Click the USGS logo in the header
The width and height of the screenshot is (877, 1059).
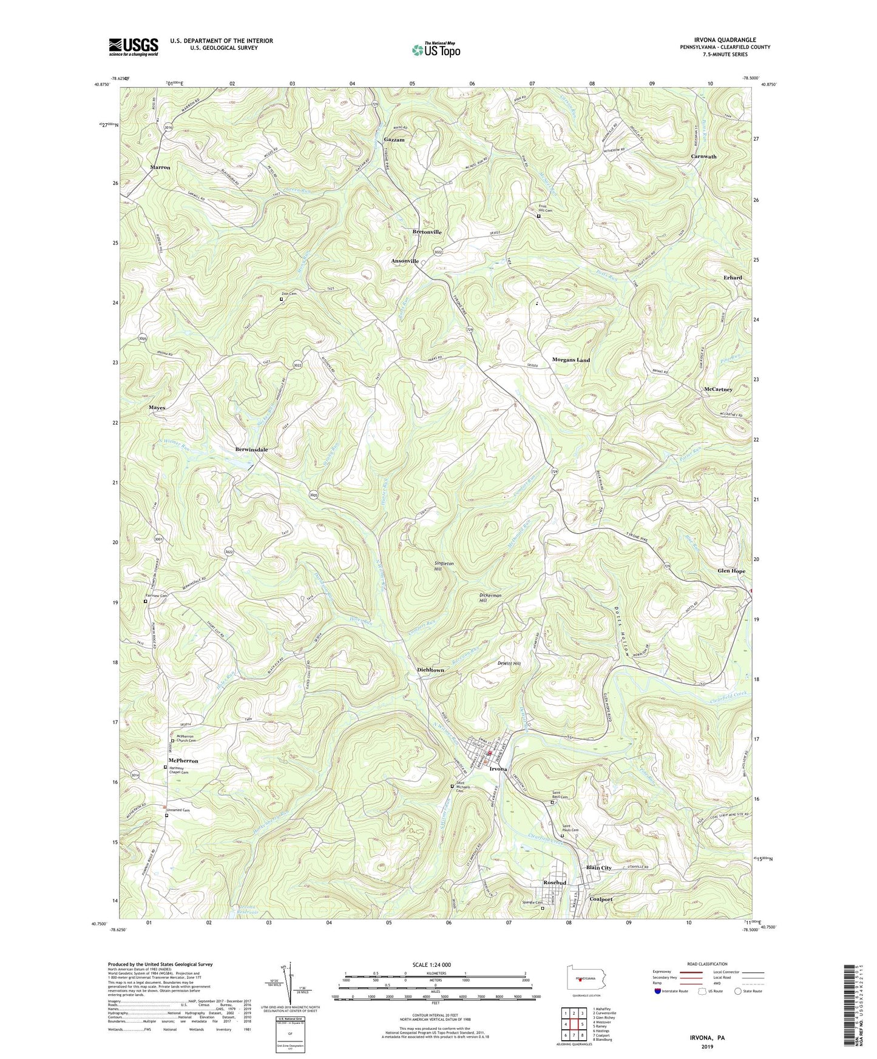tap(134, 47)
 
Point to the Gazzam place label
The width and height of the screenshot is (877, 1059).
tap(394, 140)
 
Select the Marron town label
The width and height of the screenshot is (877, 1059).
tap(160, 167)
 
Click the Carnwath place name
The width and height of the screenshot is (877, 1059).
tap(703, 156)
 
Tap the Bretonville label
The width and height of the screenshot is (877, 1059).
tap(427, 232)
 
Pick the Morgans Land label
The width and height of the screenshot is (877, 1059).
tap(571, 360)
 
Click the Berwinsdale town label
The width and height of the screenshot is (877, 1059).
tap(251, 449)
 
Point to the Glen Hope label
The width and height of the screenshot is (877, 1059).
tap(731, 571)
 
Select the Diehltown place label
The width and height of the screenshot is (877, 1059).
tap(430, 670)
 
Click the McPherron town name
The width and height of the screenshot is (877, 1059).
tap(183, 761)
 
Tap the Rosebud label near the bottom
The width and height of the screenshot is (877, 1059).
tap(554, 882)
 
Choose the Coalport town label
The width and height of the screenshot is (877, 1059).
tap(601, 899)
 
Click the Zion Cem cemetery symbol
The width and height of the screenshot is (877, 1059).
tap(281, 299)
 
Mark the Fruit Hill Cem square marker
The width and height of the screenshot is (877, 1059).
tap(538, 215)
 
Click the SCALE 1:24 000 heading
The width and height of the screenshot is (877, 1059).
tap(433, 964)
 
